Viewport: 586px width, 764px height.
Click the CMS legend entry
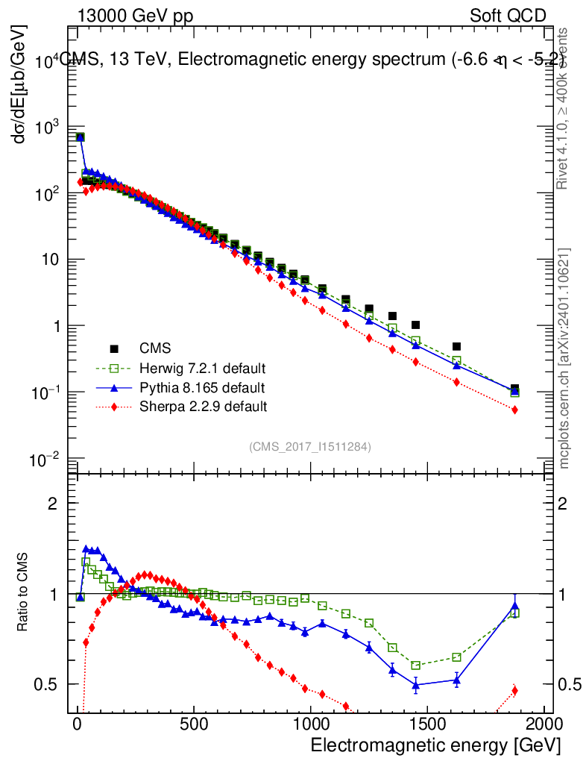coord(154,348)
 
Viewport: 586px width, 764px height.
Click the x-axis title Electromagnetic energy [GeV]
coord(435,745)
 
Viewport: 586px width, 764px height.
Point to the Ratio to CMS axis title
coord(23,593)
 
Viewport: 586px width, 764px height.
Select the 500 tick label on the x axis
coord(194,724)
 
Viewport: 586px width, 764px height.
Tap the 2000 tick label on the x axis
coord(544,724)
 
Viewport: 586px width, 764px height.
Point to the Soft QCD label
coord(508,16)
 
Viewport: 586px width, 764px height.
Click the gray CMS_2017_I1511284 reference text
coord(310,446)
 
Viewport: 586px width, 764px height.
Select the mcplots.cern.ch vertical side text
coord(565,357)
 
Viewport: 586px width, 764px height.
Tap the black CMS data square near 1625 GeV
coord(457,346)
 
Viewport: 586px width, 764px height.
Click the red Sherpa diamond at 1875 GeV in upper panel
coord(515,410)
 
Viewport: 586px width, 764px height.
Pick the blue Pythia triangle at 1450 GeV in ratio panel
coord(416,684)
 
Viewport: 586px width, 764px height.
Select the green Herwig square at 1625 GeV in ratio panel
coord(457,657)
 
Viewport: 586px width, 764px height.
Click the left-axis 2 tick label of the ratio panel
coord(52,504)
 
